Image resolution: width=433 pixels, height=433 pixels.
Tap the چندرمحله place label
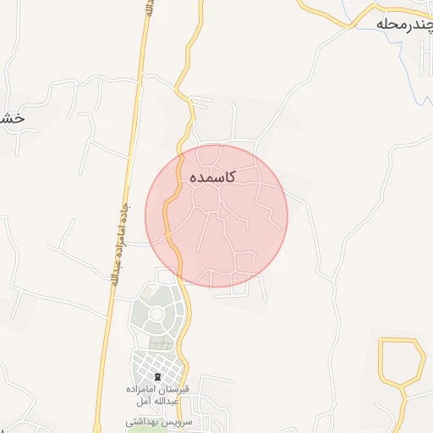point(404,25)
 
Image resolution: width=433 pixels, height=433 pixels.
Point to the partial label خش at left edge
point(13,118)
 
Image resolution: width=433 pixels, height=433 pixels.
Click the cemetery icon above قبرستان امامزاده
point(156,375)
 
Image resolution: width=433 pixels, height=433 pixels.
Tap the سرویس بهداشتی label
point(160,420)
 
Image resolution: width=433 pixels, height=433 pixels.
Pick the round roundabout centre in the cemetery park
point(156,317)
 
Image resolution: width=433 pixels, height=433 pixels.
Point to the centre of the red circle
point(216,216)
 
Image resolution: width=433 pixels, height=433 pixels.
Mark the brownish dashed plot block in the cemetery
point(158,343)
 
